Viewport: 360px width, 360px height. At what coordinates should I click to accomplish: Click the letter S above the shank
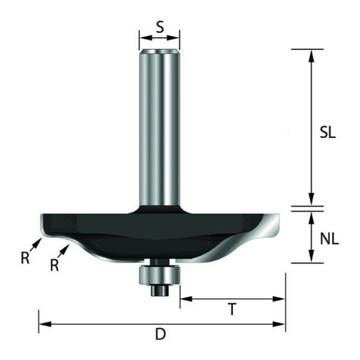(x=159, y=27)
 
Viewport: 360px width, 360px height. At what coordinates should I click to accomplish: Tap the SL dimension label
(x=328, y=133)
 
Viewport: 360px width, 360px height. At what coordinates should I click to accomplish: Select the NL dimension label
(x=329, y=239)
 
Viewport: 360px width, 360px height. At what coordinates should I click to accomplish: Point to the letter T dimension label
(x=232, y=309)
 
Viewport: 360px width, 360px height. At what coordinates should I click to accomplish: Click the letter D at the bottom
(x=160, y=334)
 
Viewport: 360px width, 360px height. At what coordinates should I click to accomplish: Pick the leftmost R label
(x=25, y=258)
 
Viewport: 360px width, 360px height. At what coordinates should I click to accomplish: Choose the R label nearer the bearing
(x=54, y=265)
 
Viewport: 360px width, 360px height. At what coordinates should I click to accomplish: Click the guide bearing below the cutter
(x=159, y=276)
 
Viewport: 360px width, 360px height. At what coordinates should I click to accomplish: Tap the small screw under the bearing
(x=160, y=291)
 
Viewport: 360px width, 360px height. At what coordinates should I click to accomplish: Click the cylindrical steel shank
(x=159, y=127)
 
